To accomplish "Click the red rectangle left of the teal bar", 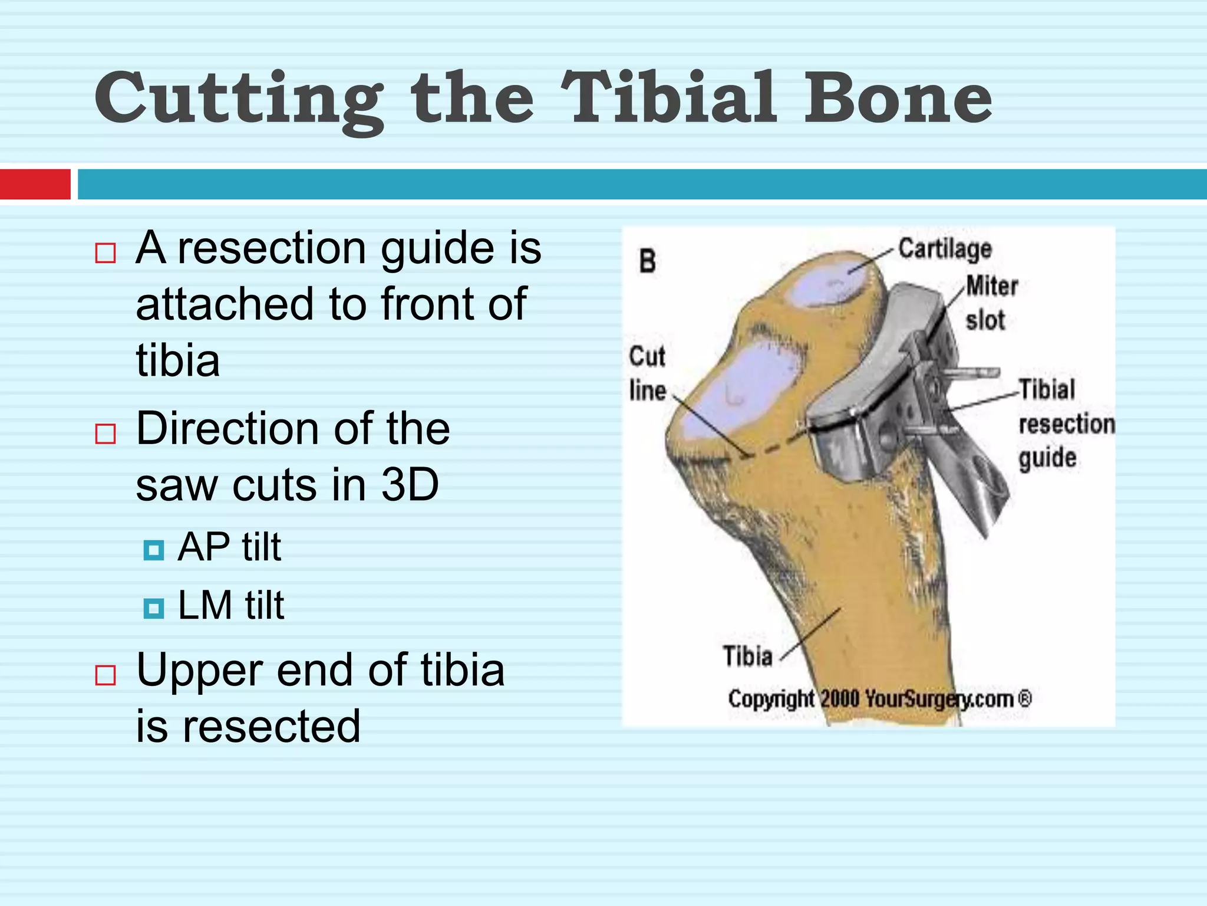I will click(35, 184).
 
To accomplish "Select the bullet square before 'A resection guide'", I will click(105, 253).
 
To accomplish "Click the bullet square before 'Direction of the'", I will click(105, 434).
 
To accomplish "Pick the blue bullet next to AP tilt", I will click(154, 550).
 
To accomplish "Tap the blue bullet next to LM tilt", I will click(154, 608).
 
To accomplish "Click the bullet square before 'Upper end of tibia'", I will click(105, 675).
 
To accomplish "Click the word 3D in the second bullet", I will click(410, 485).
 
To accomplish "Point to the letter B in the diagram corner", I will click(647, 261).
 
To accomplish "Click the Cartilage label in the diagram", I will click(945, 249).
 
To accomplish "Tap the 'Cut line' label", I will click(647, 373).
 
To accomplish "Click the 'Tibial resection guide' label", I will click(1066, 424).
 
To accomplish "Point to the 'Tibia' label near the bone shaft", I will click(747, 656).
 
